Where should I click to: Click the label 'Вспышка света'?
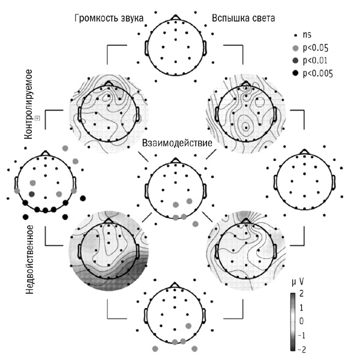[x=244, y=19]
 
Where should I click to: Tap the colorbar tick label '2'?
[x=301, y=293]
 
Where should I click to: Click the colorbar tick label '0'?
[x=301, y=320]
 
